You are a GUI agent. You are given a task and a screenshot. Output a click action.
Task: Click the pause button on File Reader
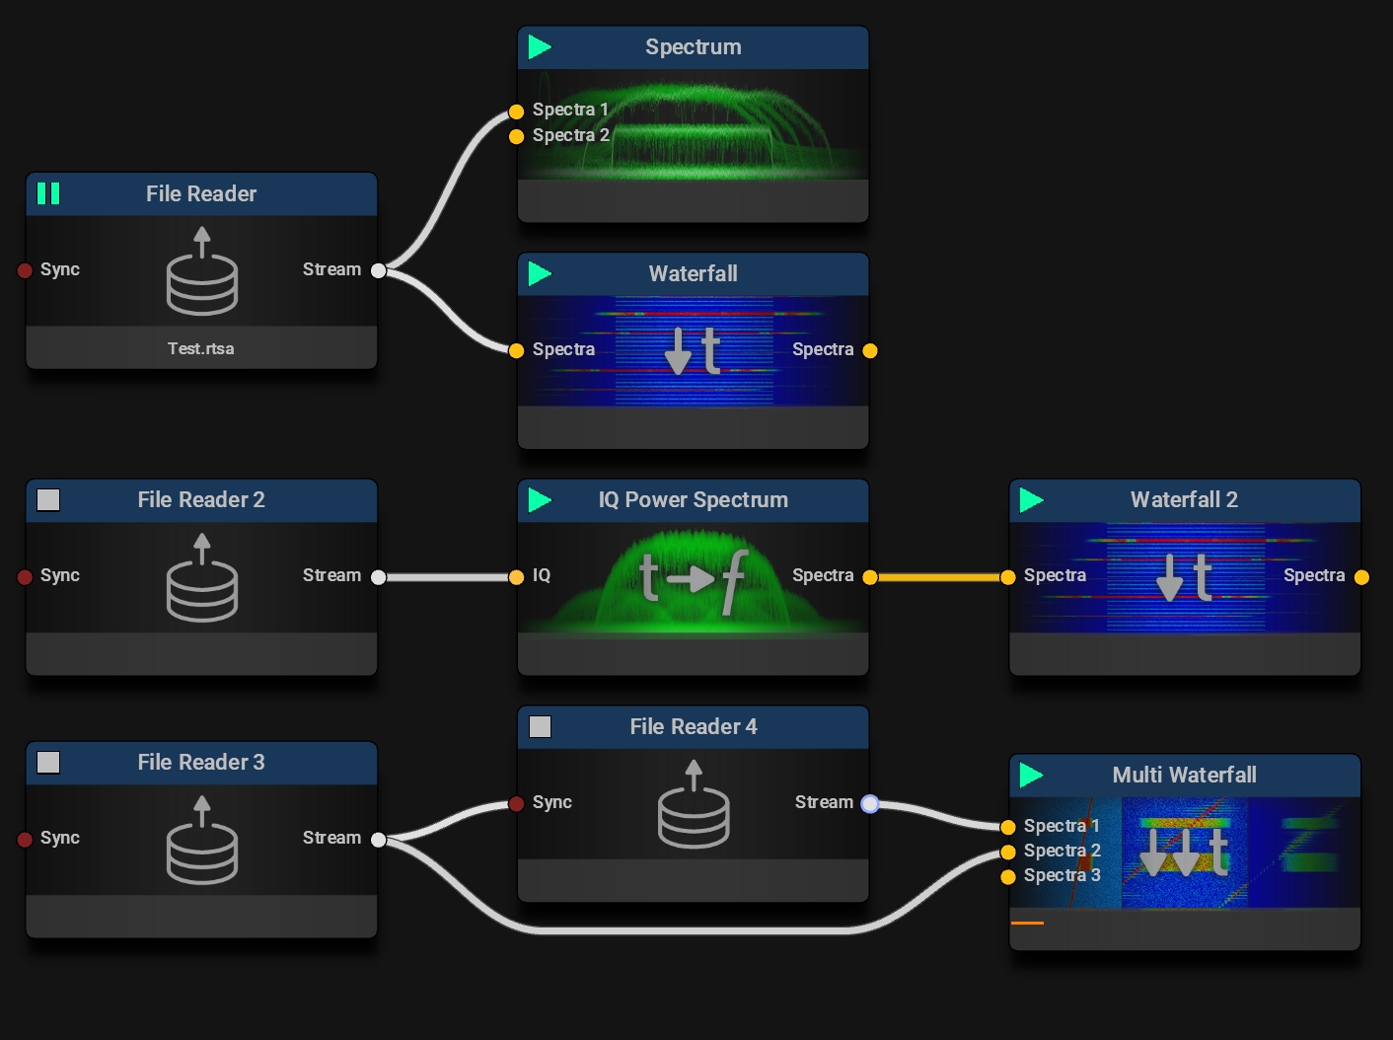point(48,193)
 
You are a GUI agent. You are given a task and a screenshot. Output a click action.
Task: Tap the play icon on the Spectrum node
point(540,46)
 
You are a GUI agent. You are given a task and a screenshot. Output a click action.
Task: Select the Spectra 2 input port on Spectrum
point(516,136)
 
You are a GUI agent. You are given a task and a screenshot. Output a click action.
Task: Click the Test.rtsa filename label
point(201,348)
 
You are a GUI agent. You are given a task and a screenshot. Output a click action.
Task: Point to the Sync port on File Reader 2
point(26,577)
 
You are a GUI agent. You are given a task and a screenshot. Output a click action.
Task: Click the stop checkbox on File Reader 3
point(48,763)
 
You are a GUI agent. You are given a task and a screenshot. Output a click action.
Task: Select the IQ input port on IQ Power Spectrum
point(516,577)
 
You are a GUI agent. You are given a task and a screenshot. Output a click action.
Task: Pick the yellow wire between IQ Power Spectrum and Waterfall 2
point(938,577)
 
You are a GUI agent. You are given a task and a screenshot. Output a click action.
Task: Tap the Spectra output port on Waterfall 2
point(1361,577)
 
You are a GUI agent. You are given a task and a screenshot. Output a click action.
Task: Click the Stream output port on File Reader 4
point(869,804)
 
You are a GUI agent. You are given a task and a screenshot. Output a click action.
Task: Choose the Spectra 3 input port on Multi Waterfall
point(1008,876)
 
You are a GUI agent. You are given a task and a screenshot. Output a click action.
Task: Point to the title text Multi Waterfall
point(1184,775)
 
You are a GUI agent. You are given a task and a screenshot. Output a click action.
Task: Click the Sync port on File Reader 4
point(516,804)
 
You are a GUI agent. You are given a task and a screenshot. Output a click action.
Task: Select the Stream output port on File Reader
point(378,270)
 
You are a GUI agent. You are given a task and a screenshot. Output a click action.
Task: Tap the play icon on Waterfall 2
point(1032,500)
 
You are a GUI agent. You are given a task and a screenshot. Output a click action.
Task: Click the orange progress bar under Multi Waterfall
point(1027,923)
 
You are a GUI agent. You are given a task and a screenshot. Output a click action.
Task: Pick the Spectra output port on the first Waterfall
point(869,350)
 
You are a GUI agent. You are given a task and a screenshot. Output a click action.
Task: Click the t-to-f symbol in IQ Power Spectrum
point(694,577)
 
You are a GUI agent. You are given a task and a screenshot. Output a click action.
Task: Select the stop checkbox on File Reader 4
point(541,727)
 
